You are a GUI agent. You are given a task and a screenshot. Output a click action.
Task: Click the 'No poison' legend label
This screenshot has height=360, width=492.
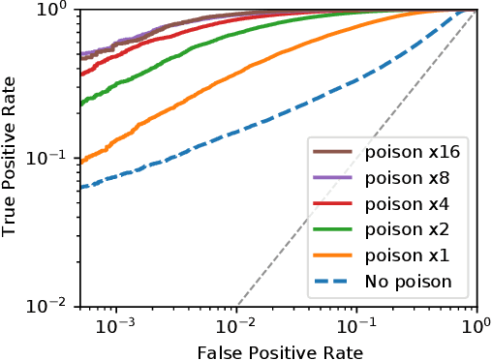[x=408, y=284]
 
